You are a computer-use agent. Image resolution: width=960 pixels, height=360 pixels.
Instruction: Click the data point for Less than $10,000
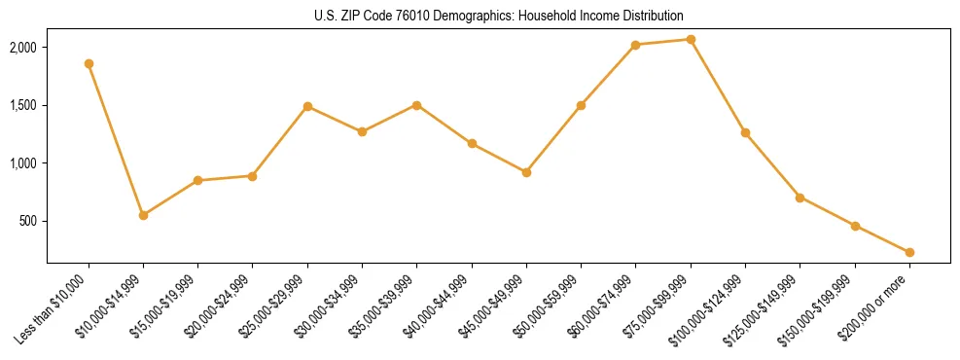(89, 63)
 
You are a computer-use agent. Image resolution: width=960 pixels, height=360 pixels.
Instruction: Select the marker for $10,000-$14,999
(143, 215)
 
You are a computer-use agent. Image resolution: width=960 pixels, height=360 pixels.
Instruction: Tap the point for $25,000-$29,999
(307, 106)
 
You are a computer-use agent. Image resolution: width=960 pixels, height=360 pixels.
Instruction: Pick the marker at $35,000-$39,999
(417, 105)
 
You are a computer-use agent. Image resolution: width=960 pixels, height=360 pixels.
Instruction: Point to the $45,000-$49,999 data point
(526, 172)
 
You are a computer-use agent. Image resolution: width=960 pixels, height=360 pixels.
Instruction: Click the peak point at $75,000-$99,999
(691, 39)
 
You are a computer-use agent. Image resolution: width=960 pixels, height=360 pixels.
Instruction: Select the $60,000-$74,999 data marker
(636, 45)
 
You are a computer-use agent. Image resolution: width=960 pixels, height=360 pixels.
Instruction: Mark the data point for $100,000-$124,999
(745, 132)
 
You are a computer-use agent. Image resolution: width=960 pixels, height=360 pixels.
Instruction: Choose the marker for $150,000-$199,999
(855, 226)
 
